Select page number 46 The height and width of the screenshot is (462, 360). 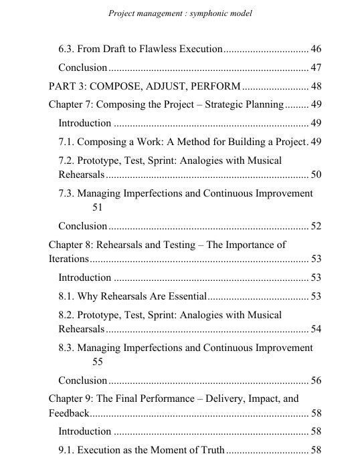click(316, 49)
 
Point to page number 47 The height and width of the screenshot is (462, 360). click(316, 68)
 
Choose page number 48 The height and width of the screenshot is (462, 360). click(316, 86)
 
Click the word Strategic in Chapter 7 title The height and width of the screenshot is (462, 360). click(226, 104)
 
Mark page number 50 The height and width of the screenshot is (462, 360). click(316, 175)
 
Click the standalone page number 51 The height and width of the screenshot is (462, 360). click(98, 208)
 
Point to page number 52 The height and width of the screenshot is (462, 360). click(316, 226)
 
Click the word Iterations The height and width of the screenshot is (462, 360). click(68, 259)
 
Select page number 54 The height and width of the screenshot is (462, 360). click(316, 329)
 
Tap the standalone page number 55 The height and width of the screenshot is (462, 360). click(98, 362)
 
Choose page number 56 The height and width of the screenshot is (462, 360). click(316, 380)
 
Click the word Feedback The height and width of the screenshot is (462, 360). click(68, 413)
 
